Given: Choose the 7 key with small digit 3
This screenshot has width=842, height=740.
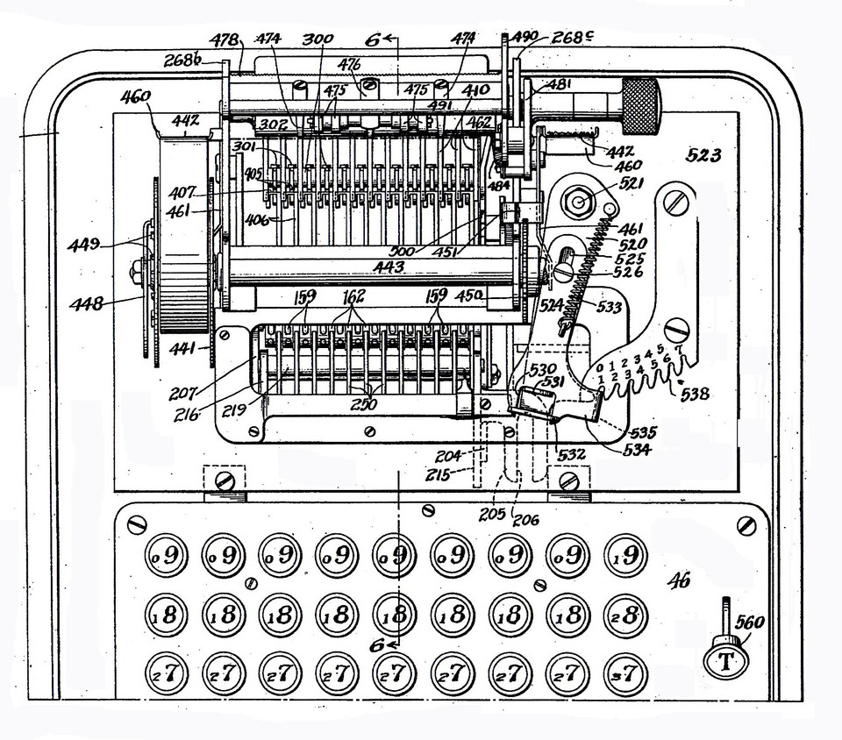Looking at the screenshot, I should coord(624,675).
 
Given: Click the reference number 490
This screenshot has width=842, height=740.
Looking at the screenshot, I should coord(524,37).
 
